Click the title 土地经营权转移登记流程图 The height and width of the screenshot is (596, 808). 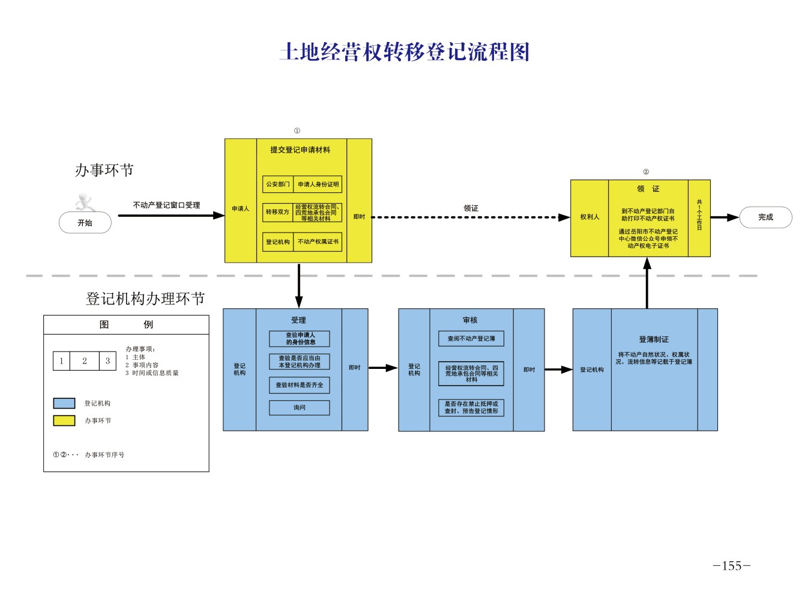tap(404, 52)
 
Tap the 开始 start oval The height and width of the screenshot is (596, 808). tap(85, 223)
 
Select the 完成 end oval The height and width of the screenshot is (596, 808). tap(765, 217)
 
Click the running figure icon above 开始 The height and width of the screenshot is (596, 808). tap(85, 202)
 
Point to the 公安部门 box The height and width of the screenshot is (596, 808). tap(277, 184)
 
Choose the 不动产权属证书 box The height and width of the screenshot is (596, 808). tap(318, 242)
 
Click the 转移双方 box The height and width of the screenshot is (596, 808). tap(277, 212)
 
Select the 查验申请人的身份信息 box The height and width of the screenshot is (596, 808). tap(300, 339)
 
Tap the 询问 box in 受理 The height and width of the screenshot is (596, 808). tap(300, 408)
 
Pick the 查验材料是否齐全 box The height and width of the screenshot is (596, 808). tap(300, 385)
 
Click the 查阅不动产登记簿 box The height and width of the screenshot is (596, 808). tap(471, 339)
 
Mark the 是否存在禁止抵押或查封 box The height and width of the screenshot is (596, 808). tap(471, 408)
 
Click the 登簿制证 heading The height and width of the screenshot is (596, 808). tap(654, 339)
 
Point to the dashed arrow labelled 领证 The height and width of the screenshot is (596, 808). tap(471, 217)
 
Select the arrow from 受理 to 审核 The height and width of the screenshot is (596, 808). tap(383, 368)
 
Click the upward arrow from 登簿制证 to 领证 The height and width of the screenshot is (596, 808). tap(647, 282)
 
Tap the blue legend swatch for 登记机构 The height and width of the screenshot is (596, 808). tap(64, 403)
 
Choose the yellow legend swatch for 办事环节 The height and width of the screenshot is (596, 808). tap(64, 421)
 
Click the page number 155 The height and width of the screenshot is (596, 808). tap(731, 566)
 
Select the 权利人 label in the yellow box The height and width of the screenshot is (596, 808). tap(589, 217)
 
